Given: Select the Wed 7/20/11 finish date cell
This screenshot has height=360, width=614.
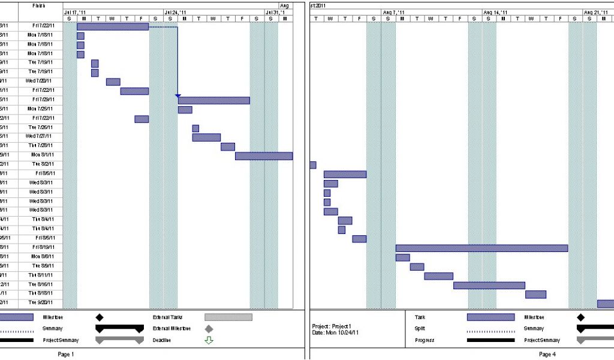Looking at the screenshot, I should coord(39,81).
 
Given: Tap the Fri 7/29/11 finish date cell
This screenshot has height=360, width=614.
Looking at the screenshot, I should coord(42,100).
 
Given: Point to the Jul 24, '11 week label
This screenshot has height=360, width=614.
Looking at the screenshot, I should coord(175,12).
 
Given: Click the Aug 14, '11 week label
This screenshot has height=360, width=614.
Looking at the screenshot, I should coord(495,12).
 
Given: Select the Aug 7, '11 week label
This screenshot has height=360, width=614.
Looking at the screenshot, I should coord(393,12).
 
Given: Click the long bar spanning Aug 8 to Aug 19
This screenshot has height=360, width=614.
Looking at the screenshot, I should coord(481,248).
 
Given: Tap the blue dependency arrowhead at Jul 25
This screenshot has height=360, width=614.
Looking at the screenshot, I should coord(177,95).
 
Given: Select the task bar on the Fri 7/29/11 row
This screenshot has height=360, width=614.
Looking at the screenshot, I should coord(213,100).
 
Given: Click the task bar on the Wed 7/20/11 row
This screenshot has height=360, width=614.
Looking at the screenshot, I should coord(113,82).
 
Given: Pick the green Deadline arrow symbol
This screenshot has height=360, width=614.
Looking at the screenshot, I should coord(209,340).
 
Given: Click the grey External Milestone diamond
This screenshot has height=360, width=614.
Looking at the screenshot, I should coord(209,329).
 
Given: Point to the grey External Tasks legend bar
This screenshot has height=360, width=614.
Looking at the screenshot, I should coord(228,317).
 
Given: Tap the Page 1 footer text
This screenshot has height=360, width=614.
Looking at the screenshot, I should coord(65,354).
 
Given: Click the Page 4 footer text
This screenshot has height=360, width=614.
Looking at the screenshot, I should coord(546,354).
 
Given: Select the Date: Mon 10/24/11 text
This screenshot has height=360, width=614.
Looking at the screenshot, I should coord(335,332).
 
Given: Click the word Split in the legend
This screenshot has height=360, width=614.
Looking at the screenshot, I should coord(419,328).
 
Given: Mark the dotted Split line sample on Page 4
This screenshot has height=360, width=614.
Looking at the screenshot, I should coord(490,330).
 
